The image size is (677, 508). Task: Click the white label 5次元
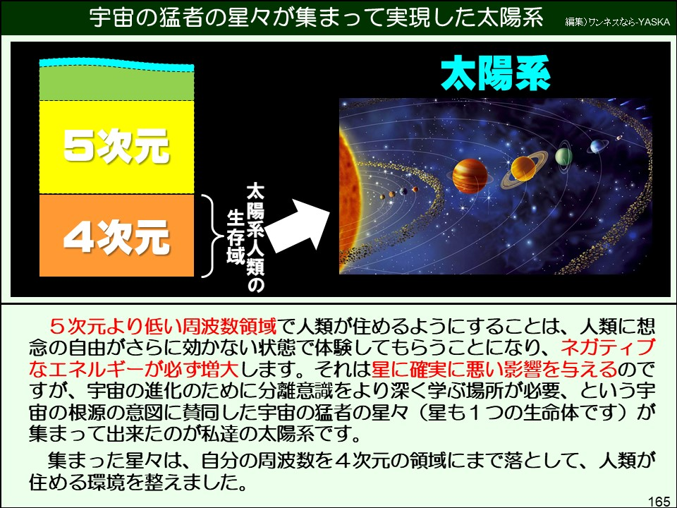click(x=116, y=147)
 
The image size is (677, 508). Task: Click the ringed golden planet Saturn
click(x=523, y=168)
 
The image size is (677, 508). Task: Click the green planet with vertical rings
click(x=563, y=157)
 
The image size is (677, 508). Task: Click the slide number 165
click(x=658, y=500)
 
